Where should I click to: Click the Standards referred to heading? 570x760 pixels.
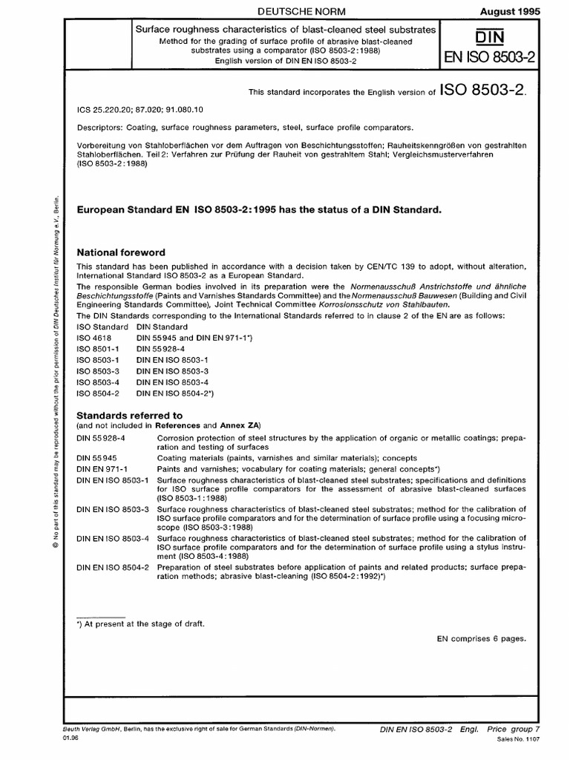[130, 415]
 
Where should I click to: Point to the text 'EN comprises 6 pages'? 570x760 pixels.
[481, 638]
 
